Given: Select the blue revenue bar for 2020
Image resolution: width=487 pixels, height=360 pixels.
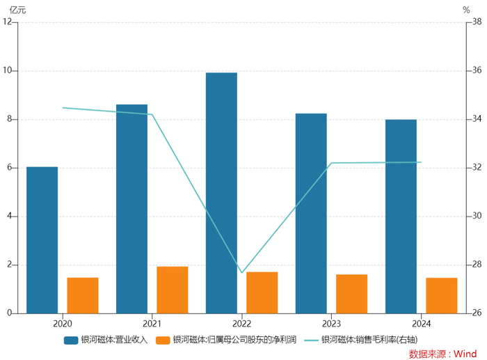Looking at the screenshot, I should point(42,240).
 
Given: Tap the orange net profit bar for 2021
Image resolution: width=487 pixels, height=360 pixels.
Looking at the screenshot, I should point(172,290).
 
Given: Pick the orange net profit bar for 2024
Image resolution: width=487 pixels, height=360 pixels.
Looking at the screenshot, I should point(442,295).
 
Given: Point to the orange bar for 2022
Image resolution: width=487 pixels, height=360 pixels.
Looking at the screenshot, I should point(262,292).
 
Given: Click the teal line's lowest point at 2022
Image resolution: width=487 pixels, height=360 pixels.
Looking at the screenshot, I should point(242,272).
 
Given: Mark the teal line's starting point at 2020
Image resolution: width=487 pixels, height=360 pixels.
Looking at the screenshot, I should point(63,108).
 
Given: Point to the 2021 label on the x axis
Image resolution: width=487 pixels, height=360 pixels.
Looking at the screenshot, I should point(152,323).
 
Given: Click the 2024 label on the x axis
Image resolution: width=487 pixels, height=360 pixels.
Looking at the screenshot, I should point(422,323).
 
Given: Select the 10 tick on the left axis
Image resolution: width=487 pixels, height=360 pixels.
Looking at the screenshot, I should point(8,70).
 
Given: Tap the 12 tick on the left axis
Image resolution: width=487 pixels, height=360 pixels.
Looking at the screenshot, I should point(8,22).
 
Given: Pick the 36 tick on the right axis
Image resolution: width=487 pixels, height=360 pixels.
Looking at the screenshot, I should point(477,70).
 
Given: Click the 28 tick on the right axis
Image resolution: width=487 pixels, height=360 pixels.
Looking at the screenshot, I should point(477,265).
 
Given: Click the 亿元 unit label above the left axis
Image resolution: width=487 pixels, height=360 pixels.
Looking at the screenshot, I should point(17,10).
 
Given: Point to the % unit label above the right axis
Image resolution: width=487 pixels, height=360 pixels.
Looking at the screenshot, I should point(466,10).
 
